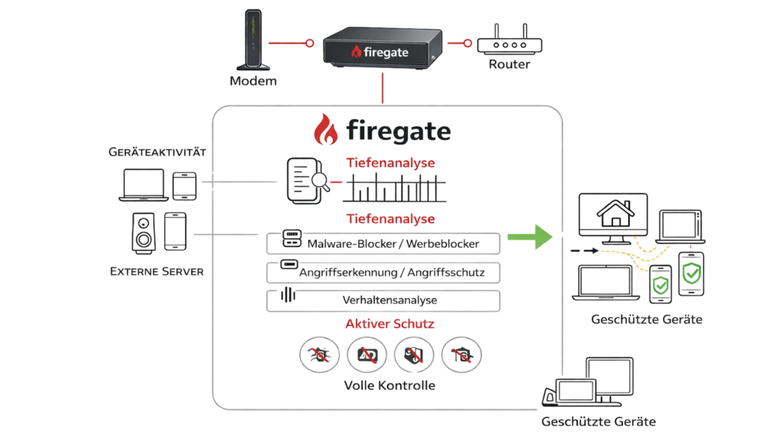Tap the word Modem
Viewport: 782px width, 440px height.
pos(253,81)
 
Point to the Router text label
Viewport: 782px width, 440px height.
pos(509,65)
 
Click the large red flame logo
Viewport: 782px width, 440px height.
pos(328,129)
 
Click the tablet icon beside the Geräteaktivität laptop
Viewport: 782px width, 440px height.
pos(185,186)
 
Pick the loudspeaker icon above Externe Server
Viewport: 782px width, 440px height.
pos(143,232)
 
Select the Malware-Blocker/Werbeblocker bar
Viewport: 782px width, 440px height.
pos(383,244)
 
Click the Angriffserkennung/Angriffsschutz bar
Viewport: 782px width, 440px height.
pos(383,272)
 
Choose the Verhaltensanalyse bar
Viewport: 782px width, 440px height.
pos(383,299)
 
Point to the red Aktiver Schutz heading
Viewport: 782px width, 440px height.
pos(390,324)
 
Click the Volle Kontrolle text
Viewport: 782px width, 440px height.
pos(390,386)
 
